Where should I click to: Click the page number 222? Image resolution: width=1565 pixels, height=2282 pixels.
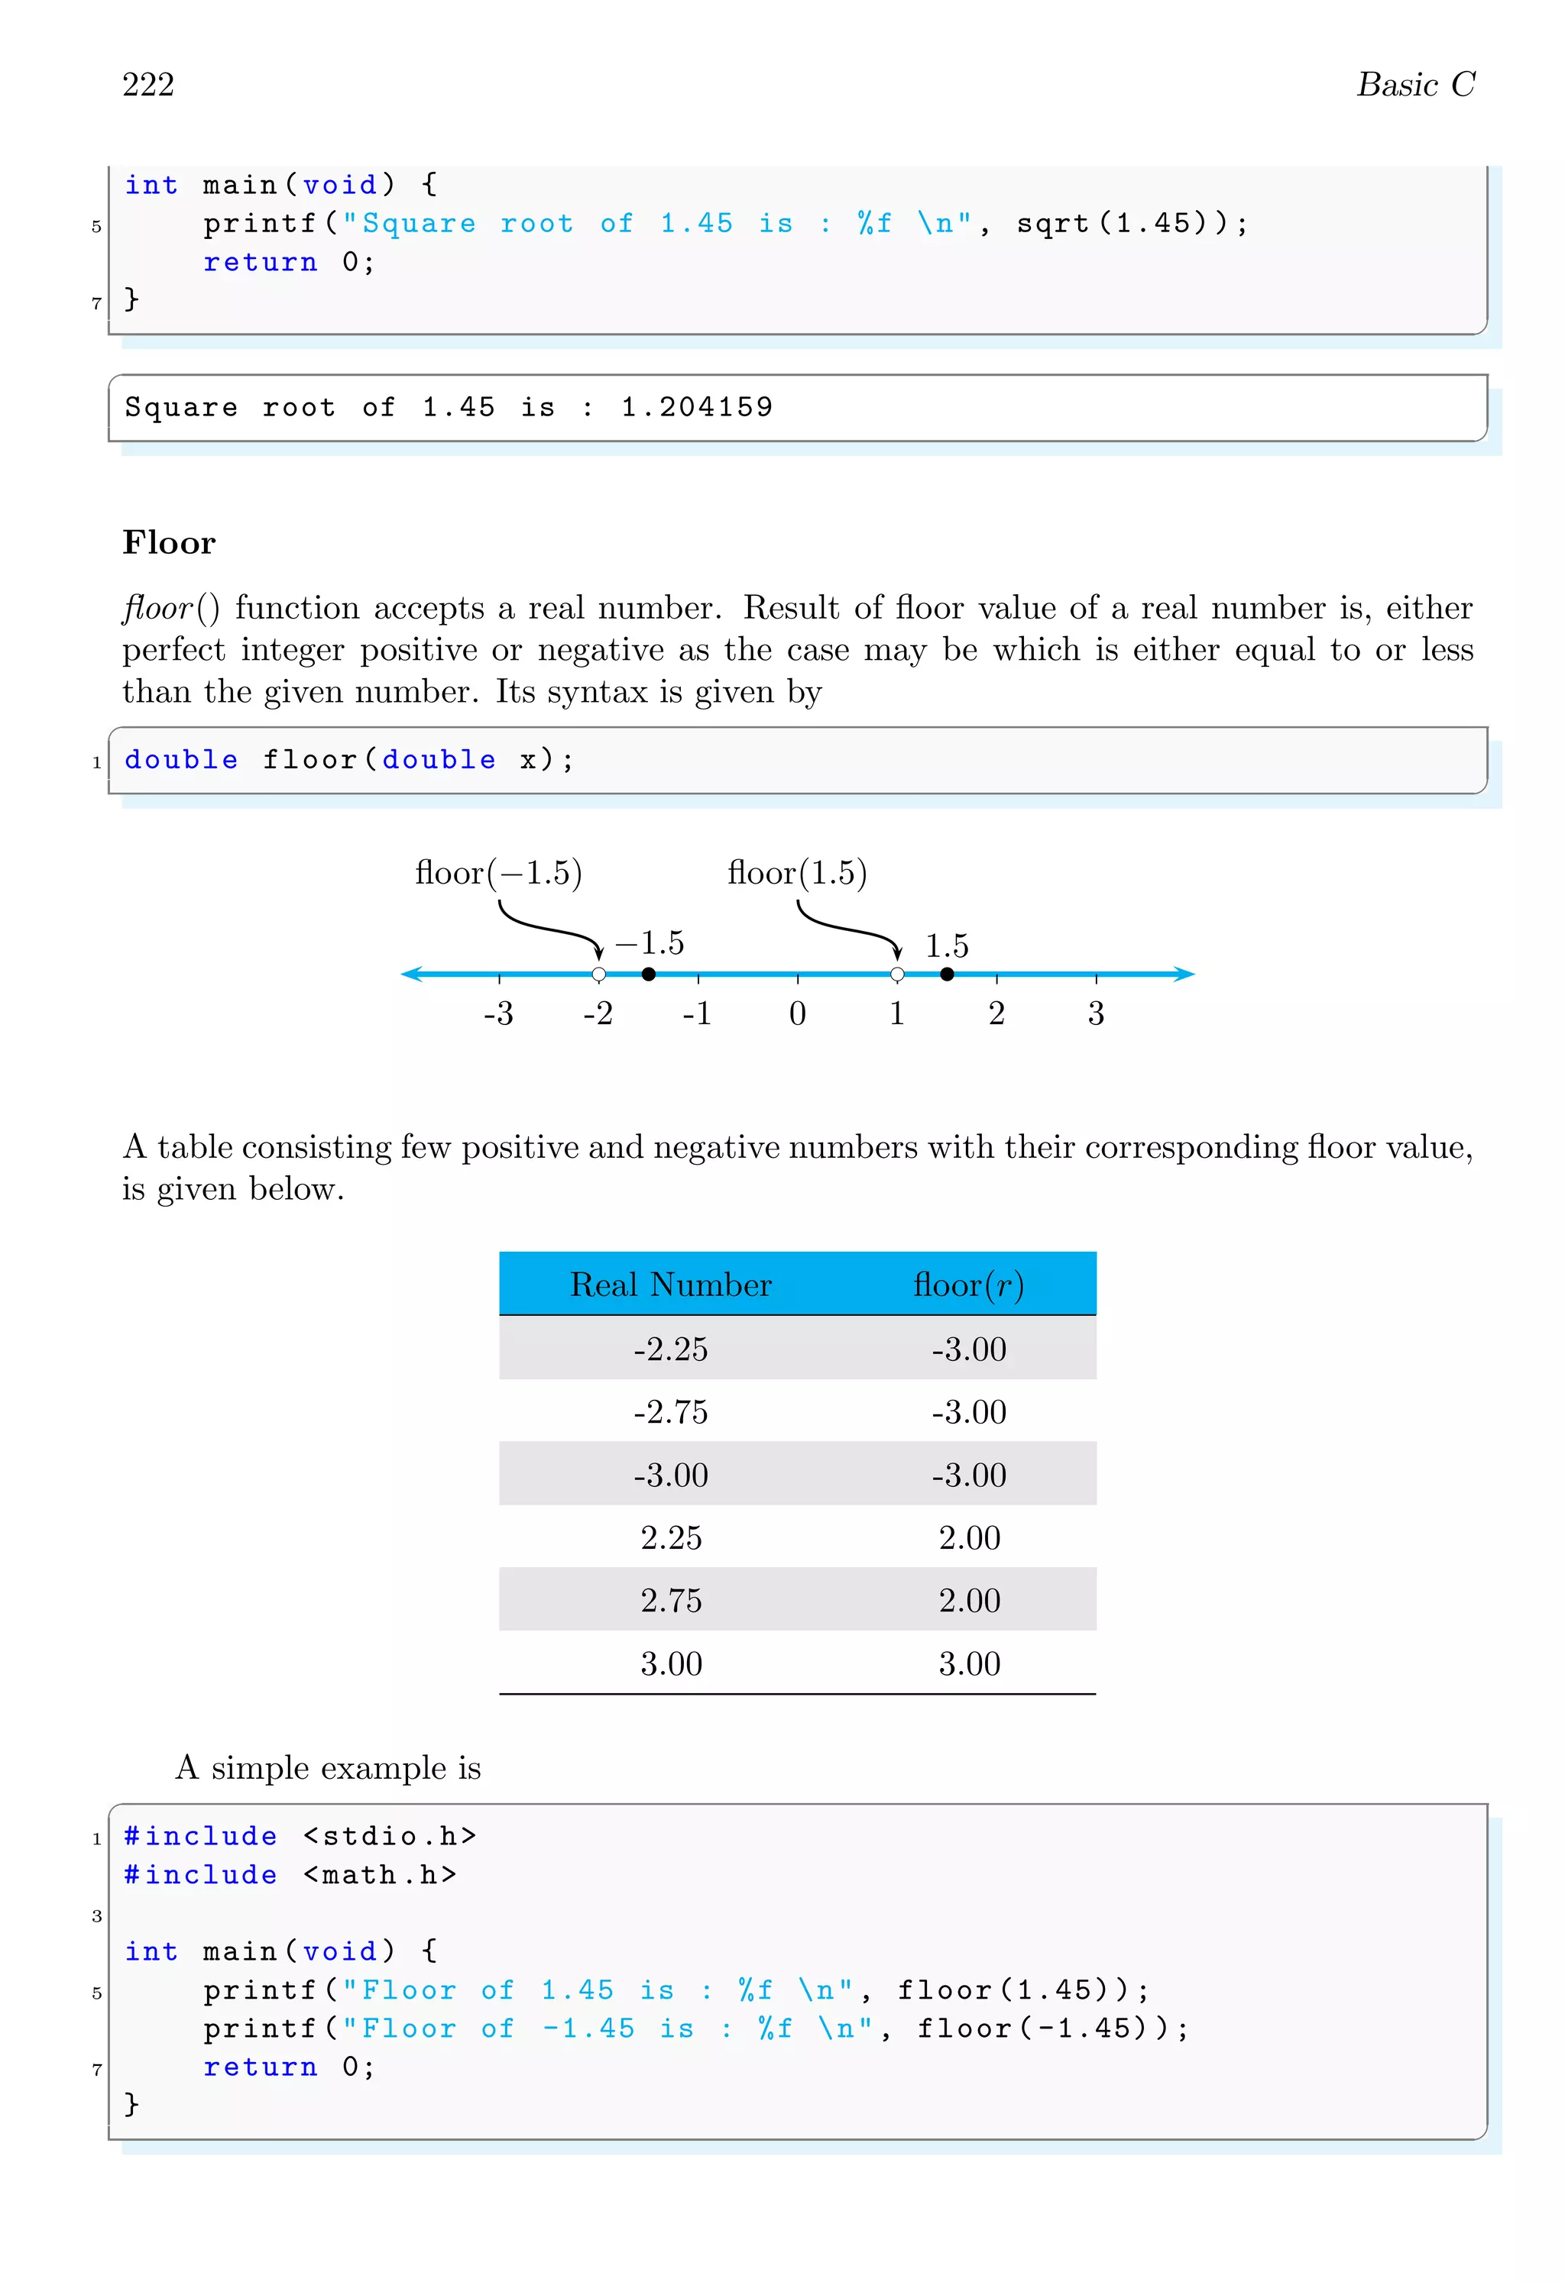coord(148,86)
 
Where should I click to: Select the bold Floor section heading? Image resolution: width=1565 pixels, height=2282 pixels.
coord(169,543)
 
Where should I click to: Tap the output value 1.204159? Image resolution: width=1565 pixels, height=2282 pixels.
coord(697,408)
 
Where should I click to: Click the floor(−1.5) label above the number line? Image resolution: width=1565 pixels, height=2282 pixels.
coord(498,873)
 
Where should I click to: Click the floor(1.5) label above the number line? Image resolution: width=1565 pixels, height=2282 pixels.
coord(797,873)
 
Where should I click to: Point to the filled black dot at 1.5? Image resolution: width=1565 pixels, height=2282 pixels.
coord(946,974)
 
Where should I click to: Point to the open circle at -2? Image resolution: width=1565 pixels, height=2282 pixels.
coord(598,974)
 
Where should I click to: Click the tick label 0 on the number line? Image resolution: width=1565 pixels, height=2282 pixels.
coord(797,1013)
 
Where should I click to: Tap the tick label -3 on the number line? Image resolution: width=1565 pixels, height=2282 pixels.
coord(498,1013)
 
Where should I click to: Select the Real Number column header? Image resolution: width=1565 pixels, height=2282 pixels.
coord(671,1285)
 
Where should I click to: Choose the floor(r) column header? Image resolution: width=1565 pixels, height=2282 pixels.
coord(969,1285)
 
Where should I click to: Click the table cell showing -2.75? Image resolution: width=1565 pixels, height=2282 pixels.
coord(671,1412)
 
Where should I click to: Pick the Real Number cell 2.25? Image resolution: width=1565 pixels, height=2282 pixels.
coord(671,1537)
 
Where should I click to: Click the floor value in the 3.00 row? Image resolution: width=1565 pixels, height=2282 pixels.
coord(969,1663)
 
